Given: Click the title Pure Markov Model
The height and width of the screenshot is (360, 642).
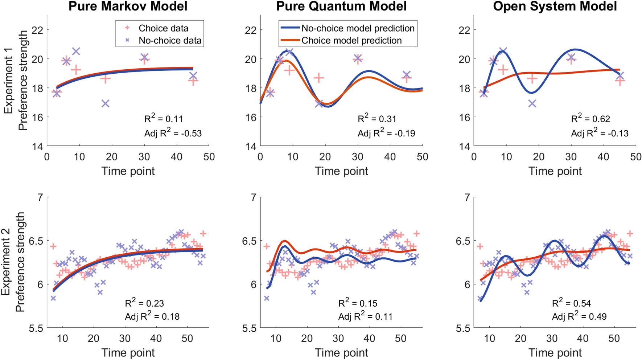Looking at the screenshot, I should tap(128, 6).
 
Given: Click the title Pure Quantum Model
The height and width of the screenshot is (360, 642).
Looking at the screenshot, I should tap(341, 6).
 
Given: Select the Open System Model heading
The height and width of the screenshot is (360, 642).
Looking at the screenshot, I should tap(555, 6).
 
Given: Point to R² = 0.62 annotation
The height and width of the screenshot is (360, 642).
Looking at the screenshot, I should tap(590, 118).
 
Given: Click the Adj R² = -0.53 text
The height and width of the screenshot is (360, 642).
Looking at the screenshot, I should tap(173, 133).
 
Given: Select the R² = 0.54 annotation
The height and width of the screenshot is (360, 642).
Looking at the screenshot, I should tap(571, 303).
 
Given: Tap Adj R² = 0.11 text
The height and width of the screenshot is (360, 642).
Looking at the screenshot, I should tap(365, 316).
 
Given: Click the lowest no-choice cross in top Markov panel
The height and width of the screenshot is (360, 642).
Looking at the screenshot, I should tap(106, 104).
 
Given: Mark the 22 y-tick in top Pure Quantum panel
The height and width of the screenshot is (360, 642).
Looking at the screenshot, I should tap(251, 30).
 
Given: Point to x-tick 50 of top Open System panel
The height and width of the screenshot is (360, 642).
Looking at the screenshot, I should tap(635, 157).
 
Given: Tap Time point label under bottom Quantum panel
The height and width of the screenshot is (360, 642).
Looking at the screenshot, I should tap(341, 353).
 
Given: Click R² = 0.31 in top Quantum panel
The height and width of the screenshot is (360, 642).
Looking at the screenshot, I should tap(377, 118).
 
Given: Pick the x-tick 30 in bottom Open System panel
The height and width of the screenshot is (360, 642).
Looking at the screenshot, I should tap(552, 339).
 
